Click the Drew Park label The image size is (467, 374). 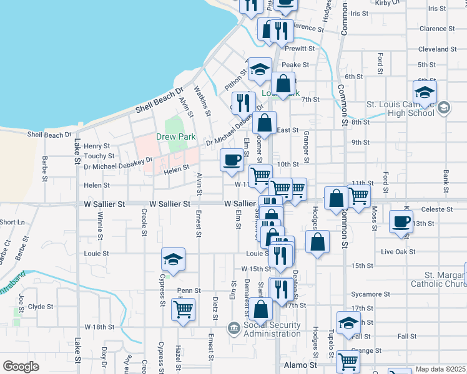177,137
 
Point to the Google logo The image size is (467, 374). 21,366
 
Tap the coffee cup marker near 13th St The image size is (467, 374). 401,221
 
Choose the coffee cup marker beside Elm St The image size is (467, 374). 232,161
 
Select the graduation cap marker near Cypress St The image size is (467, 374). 173,259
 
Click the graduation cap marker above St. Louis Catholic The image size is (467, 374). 425,92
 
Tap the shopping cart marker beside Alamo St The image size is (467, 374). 348,361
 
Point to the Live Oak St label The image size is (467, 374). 398,251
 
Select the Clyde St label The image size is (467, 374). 41,307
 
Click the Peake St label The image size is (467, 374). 295,65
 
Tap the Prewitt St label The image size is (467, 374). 300,49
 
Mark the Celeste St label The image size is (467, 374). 436,209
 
